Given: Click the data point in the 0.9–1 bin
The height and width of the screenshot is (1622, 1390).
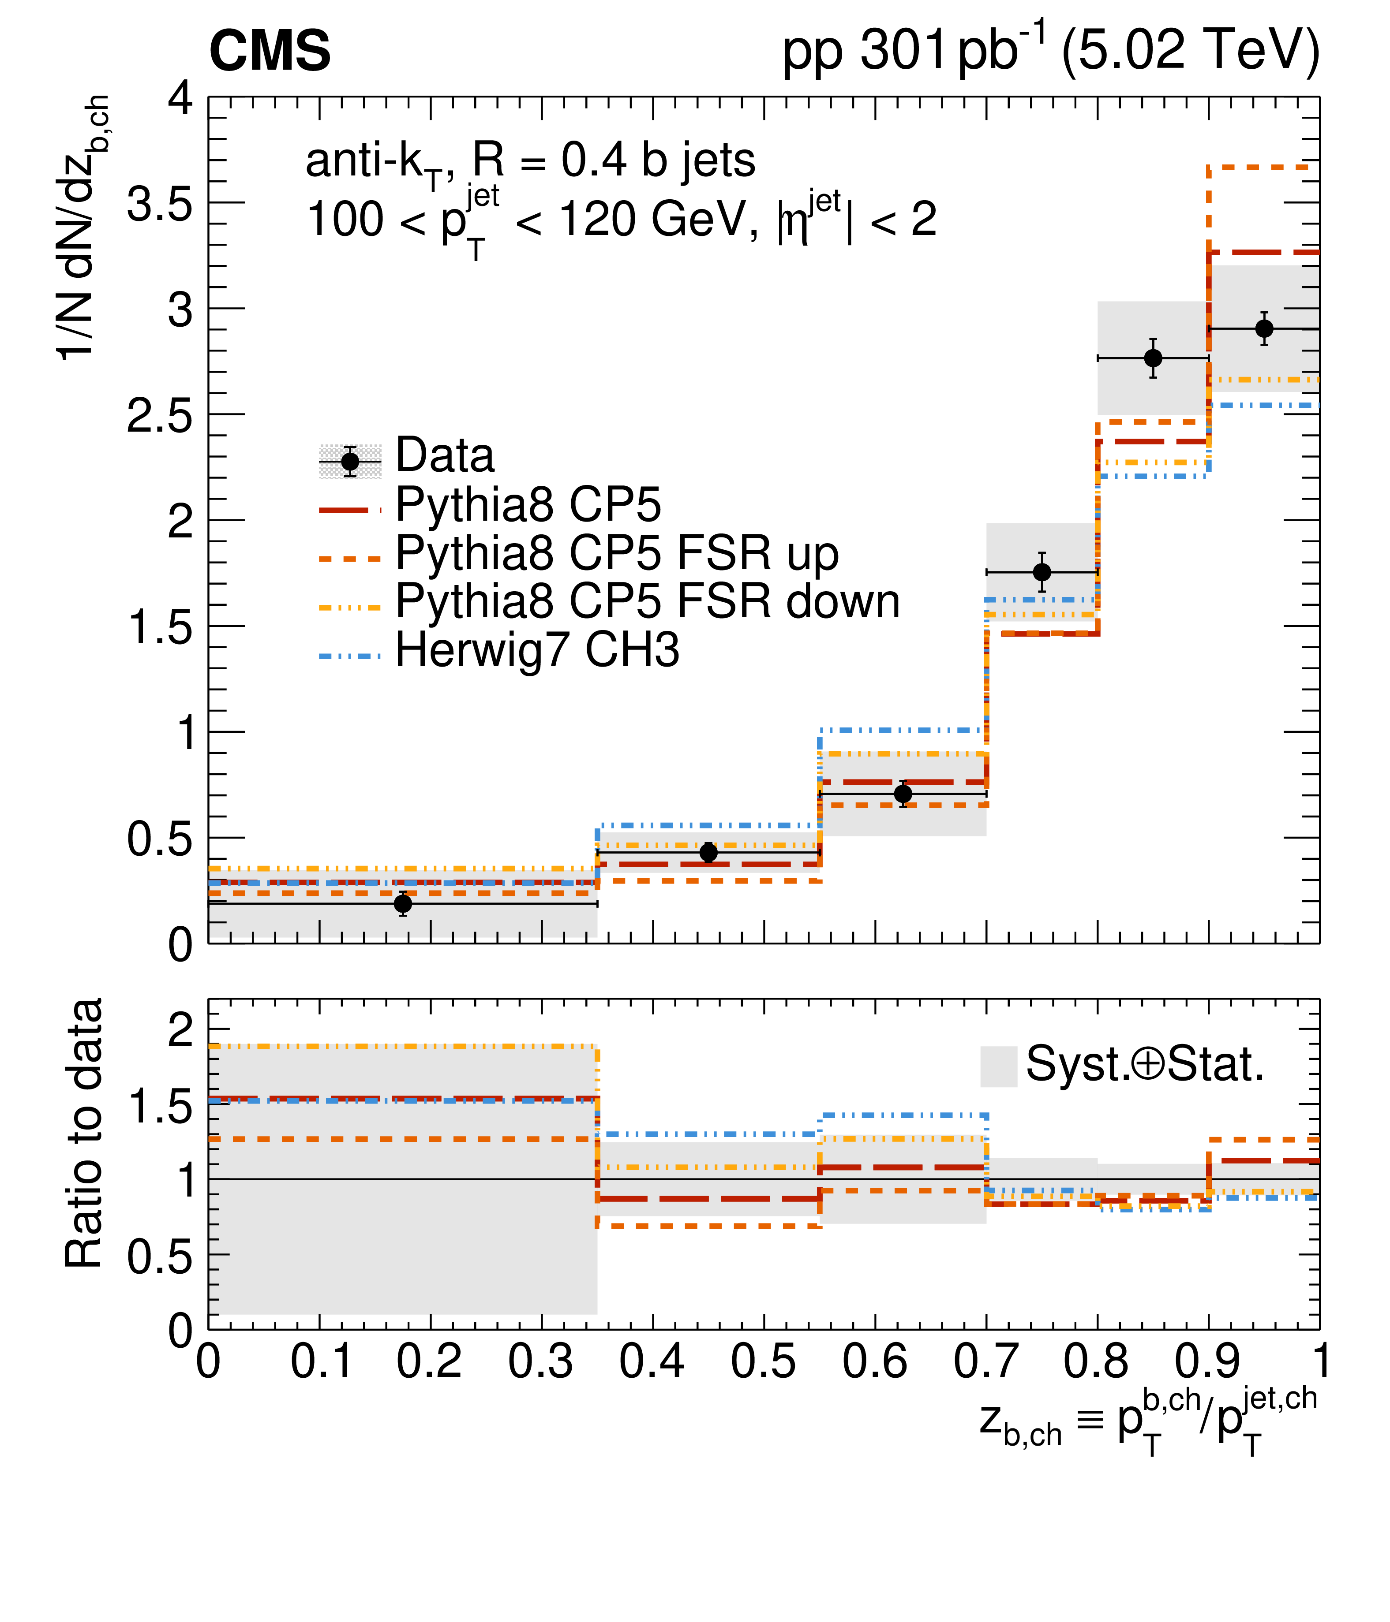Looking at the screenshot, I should [x=1264, y=329].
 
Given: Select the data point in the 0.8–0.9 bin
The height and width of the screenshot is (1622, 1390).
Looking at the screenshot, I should [x=1153, y=358].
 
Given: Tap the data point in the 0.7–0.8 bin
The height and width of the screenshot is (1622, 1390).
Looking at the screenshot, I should [x=1042, y=572].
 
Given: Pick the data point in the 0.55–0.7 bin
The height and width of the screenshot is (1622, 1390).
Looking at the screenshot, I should [x=903, y=794].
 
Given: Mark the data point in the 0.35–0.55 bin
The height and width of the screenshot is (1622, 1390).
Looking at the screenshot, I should [x=708, y=853].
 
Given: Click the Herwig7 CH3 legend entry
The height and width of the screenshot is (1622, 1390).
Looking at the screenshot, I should [x=537, y=651].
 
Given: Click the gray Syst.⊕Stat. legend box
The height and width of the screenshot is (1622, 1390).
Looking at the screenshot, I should [x=998, y=1066].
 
